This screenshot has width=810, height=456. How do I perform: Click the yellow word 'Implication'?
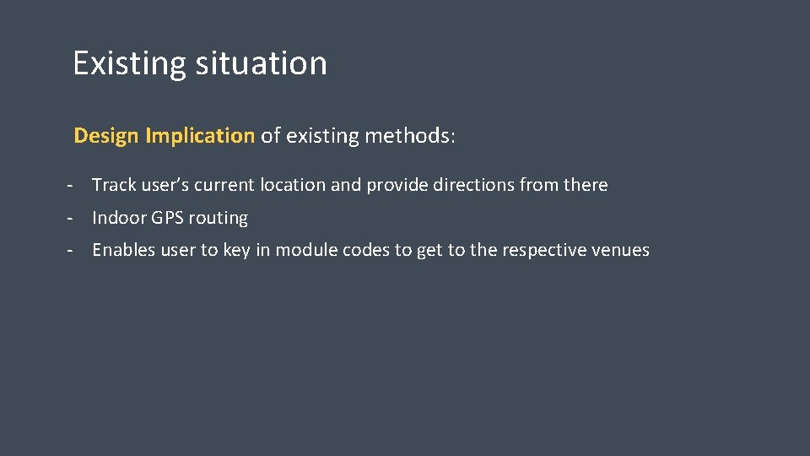pyautogui.click(x=199, y=136)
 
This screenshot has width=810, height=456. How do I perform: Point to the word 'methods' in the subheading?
pyautogui.click(x=408, y=136)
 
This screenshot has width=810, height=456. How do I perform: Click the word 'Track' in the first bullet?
pyautogui.click(x=114, y=185)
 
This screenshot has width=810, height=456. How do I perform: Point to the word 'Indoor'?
pyautogui.click(x=119, y=218)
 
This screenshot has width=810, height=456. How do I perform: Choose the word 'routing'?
pyautogui.click(x=218, y=219)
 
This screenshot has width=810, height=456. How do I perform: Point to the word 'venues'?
pyautogui.click(x=623, y=250)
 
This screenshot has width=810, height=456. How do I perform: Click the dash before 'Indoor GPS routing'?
pyautogui.click(x=74, y=218)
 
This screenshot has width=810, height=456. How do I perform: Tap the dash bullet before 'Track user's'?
pyautogui.click(x=74, y=185)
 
